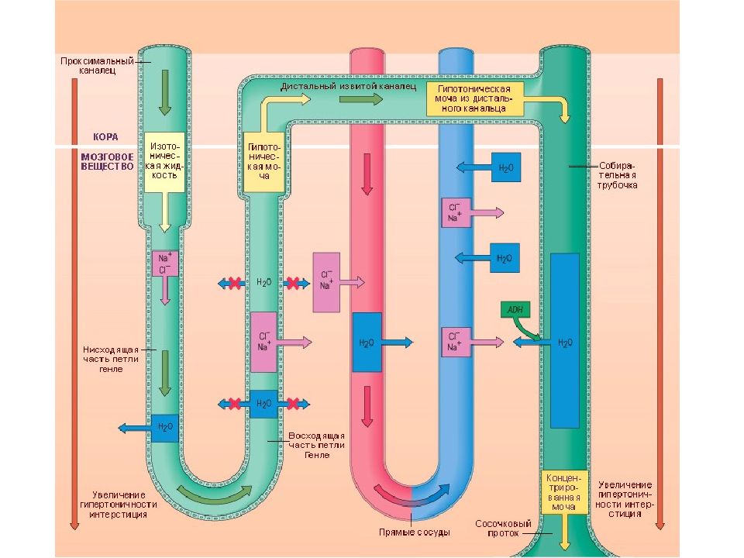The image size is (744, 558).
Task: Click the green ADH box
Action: (515, 310)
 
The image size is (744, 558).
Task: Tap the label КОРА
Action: (105, 137)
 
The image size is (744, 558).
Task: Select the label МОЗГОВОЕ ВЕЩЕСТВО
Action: (107, 161)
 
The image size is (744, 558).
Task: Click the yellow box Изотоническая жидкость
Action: (164, 162)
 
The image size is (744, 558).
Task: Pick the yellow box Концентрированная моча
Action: (564, 492)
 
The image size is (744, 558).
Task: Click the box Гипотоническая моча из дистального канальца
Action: (474, 98)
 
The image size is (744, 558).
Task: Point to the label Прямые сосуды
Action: (414, 532)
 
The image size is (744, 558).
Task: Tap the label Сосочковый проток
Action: (503, 529)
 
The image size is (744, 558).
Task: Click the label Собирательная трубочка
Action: (617, 176)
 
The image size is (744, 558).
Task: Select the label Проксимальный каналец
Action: (98, 66)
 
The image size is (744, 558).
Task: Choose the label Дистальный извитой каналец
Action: (348, 86)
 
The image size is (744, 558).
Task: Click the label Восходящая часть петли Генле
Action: (316, 445)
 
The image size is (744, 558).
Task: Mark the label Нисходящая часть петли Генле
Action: (111, 359)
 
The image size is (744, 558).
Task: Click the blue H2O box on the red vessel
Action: (367, 342)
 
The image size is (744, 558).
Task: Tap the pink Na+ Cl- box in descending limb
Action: (164, 263)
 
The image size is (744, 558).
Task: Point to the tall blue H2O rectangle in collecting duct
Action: (565, 341)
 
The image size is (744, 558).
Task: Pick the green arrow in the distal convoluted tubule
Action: (361, 99)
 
